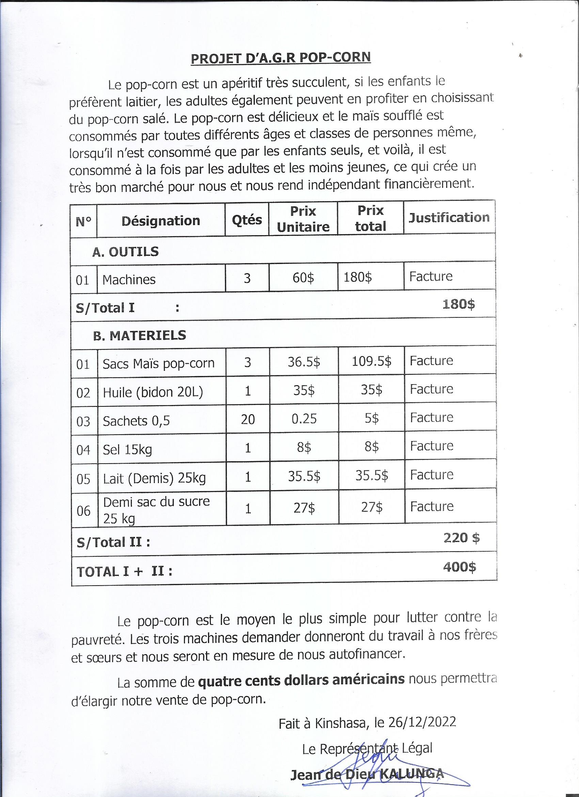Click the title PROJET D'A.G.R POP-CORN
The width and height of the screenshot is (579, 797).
[x=281, y=58]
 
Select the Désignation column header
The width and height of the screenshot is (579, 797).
[x=160, y=221]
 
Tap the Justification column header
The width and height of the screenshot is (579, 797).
[x=449, y=217]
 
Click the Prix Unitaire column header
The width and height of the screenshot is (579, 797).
[x=303, y=219]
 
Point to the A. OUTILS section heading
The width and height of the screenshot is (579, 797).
[x=125, y=252]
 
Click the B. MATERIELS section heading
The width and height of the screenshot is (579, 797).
[x=139, y=335]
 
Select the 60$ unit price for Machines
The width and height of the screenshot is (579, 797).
[x=303, y=278]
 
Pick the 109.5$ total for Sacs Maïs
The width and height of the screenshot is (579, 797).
[x=372, y=361]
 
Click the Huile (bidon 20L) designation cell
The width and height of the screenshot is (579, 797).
[x=153, y=392]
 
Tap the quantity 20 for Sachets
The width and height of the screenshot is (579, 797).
[x=248, y=419]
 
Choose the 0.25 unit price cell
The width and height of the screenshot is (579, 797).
[x=304, y=419]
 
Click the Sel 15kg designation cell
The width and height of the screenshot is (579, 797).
[x=127, y=449]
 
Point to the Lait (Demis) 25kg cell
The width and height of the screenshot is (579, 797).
[x=154, y=478]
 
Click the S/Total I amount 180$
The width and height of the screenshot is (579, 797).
[x=458, y=304]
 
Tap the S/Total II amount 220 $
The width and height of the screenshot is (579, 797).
[x=461, y=538]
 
